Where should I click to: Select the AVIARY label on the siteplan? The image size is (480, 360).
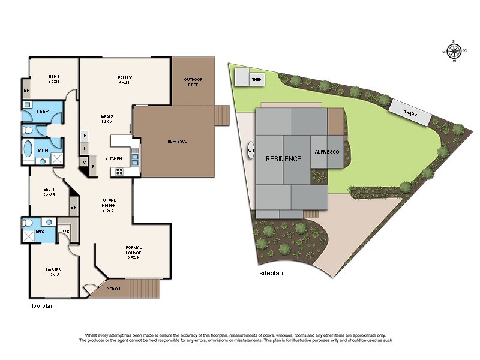coord(410,113)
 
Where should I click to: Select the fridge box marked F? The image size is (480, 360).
coord(85,135)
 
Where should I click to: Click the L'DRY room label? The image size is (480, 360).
coord(42,112)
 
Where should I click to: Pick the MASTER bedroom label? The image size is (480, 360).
coord(53,269)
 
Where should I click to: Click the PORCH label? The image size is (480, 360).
coord(113,289)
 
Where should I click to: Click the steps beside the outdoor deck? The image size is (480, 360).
coord(222,116)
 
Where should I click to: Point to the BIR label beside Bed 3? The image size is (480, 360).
coord(26,90)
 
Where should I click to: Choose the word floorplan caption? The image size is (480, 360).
coord(43,306)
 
